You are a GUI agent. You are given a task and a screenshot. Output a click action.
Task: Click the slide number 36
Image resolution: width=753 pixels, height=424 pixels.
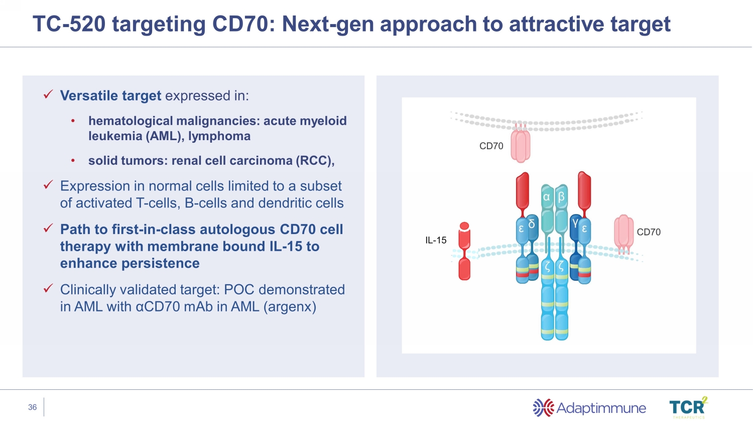[x=33, y=407]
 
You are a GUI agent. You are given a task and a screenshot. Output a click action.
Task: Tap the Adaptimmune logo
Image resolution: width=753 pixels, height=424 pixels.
[x=589, y=408]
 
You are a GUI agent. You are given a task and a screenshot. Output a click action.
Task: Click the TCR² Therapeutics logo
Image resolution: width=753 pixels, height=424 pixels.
[x=688, y=408]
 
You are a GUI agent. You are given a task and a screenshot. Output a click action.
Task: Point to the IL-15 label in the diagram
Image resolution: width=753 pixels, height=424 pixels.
[x=436, y=241]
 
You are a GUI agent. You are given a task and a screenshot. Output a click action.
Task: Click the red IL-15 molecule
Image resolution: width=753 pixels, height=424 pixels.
[x=464, y=251]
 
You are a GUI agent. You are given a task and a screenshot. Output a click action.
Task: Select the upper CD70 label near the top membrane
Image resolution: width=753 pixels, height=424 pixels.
[x=491, y=146]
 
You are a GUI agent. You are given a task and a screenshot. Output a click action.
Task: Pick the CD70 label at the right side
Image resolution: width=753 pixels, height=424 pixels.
[x=649, y=232]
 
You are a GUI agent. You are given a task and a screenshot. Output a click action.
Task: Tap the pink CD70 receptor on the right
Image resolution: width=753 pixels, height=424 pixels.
[x=623, y=232]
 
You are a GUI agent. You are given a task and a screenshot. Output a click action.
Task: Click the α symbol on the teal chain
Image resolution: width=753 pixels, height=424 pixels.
[x=547, y=197]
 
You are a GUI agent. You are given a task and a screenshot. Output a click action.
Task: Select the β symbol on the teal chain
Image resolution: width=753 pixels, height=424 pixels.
[x=561, y=197]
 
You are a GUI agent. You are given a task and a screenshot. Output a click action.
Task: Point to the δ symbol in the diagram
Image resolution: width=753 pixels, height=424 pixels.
[x=532, y=224]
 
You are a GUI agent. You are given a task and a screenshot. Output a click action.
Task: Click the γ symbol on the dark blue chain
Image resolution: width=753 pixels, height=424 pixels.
[x=575, y=223]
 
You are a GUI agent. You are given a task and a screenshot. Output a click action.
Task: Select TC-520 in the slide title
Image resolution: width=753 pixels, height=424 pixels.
[x=69, y=24]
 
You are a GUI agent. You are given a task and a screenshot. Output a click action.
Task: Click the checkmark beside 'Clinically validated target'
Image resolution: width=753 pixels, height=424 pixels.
[x=48, y=288]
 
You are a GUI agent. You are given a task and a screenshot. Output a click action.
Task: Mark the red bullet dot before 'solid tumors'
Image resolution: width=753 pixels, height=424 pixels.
[x=73, y=161]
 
